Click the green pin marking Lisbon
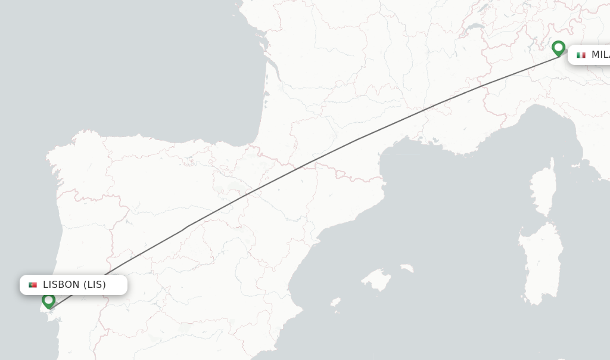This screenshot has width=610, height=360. (x=49, y=300)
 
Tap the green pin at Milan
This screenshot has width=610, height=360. (x=558, y=48)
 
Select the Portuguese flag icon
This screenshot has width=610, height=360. (x=33, y=285)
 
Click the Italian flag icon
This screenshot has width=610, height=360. (x=581, y=55)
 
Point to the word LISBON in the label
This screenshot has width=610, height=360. (x=61, y=285)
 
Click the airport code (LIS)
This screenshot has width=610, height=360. (x=94, y=285)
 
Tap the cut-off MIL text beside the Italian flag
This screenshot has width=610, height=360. (x=600, y=55)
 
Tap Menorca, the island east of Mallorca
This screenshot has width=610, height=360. (x=407, y=269)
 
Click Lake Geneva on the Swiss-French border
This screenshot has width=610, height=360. (x=474, y=27)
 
